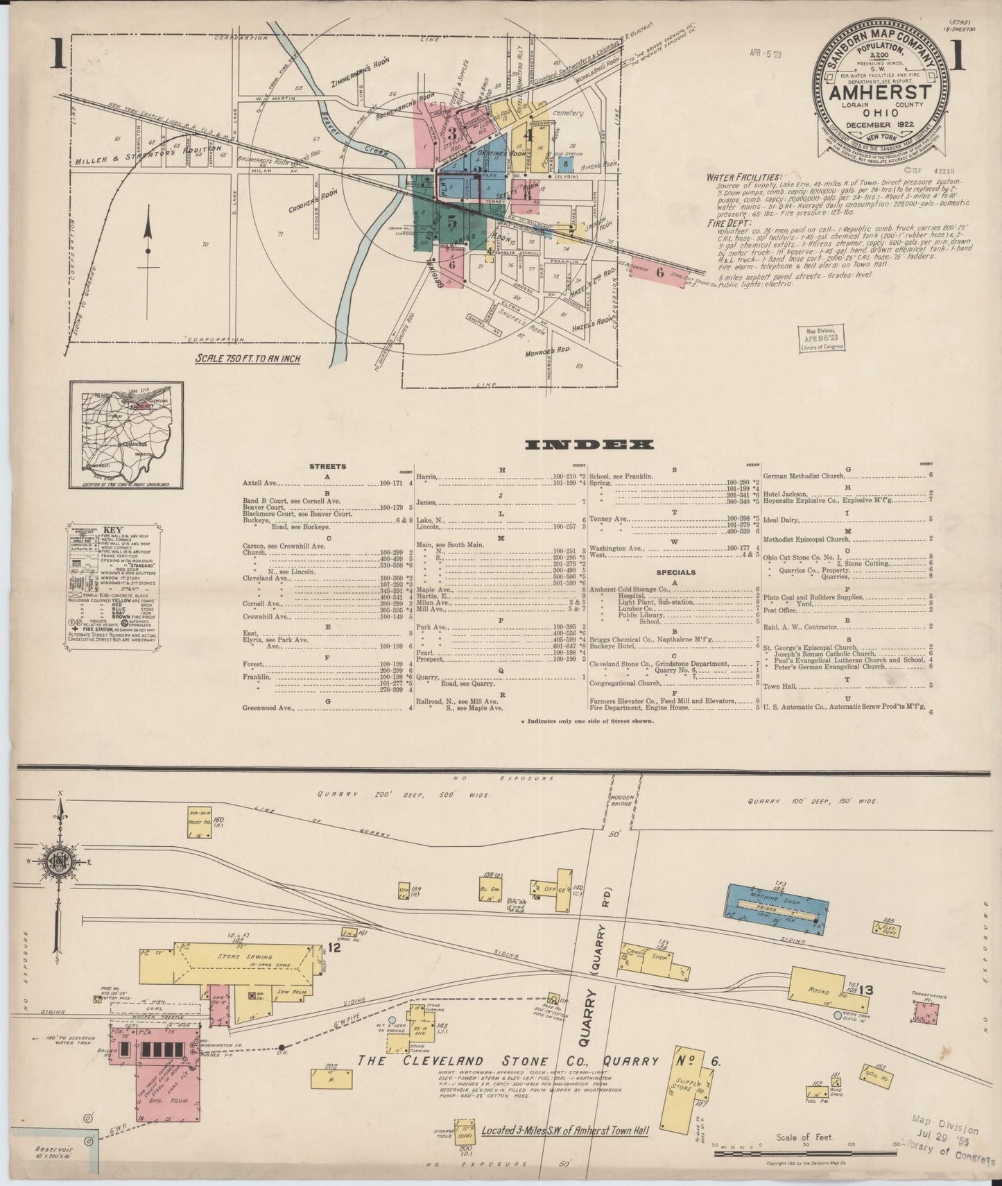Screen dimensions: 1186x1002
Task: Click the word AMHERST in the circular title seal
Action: (x=876, y=92)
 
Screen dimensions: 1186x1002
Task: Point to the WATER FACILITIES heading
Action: (x=743, y=178)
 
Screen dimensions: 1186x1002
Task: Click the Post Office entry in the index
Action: (x=779, y=610)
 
